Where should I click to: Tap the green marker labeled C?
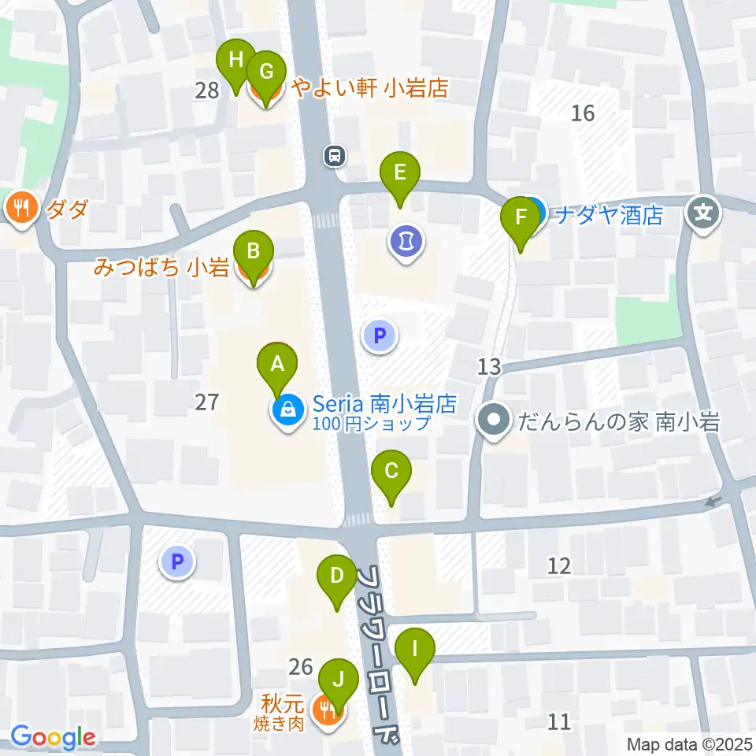391,472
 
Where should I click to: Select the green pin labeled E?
400,172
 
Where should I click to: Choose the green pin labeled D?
336,576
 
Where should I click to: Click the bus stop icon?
335,156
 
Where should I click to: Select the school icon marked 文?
703,213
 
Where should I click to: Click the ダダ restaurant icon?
20,209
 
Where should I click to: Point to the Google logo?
53,737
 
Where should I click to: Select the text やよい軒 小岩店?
369,88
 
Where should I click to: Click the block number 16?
583,113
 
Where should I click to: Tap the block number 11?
560,721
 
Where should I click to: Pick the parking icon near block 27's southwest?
177,562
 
